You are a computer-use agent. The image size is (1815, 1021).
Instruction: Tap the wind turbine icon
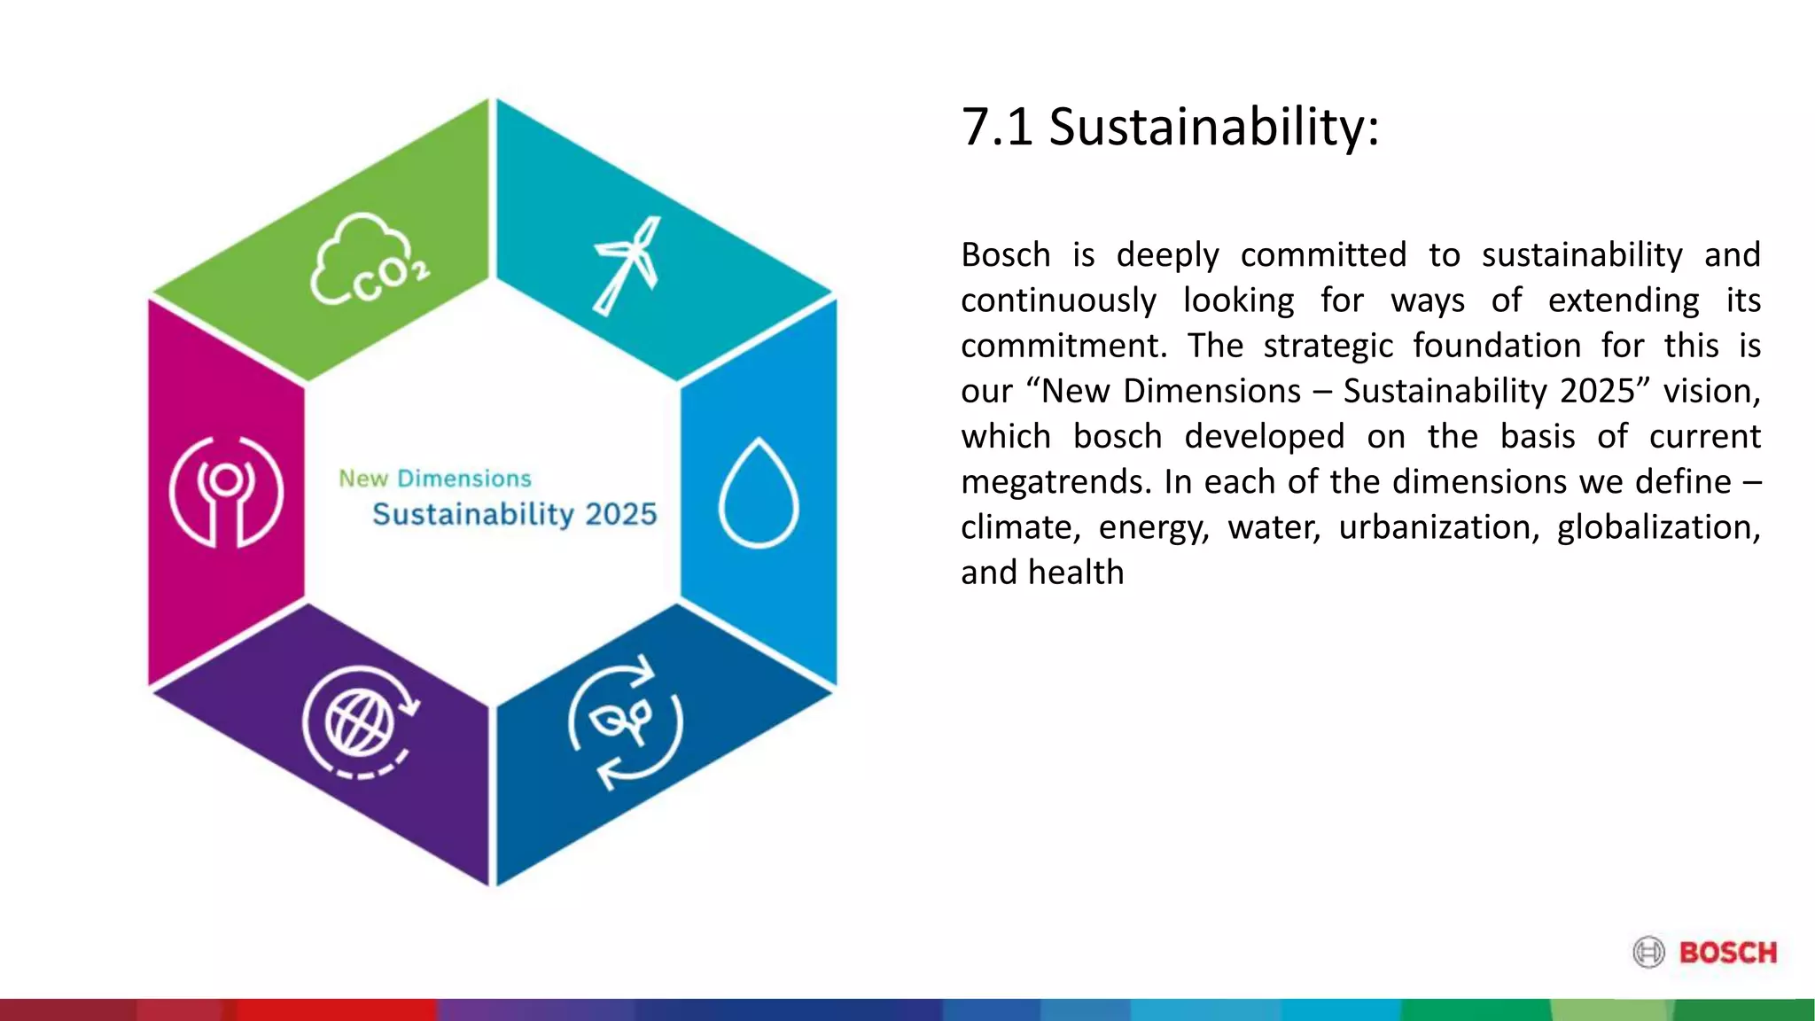point(627,265)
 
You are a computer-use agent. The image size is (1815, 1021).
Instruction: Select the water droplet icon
point(758,493)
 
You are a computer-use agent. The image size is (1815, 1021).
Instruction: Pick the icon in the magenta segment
point(226,492)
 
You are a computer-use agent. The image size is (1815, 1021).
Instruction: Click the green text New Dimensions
point(435,479)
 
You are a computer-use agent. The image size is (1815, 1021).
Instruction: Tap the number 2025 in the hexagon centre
point(620,514)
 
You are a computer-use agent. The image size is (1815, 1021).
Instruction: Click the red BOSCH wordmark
point(1728,953)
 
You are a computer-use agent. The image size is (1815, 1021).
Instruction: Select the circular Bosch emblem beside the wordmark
point(1649,953)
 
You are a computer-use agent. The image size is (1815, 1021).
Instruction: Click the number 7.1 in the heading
point(997,127)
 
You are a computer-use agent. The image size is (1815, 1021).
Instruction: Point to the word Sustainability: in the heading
point(1214,127)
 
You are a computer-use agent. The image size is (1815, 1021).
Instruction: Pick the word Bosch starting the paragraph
point(1005,255)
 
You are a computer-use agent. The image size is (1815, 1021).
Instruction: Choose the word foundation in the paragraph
point(1497,346)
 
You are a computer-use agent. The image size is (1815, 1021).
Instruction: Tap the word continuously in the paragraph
point(1058,300)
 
